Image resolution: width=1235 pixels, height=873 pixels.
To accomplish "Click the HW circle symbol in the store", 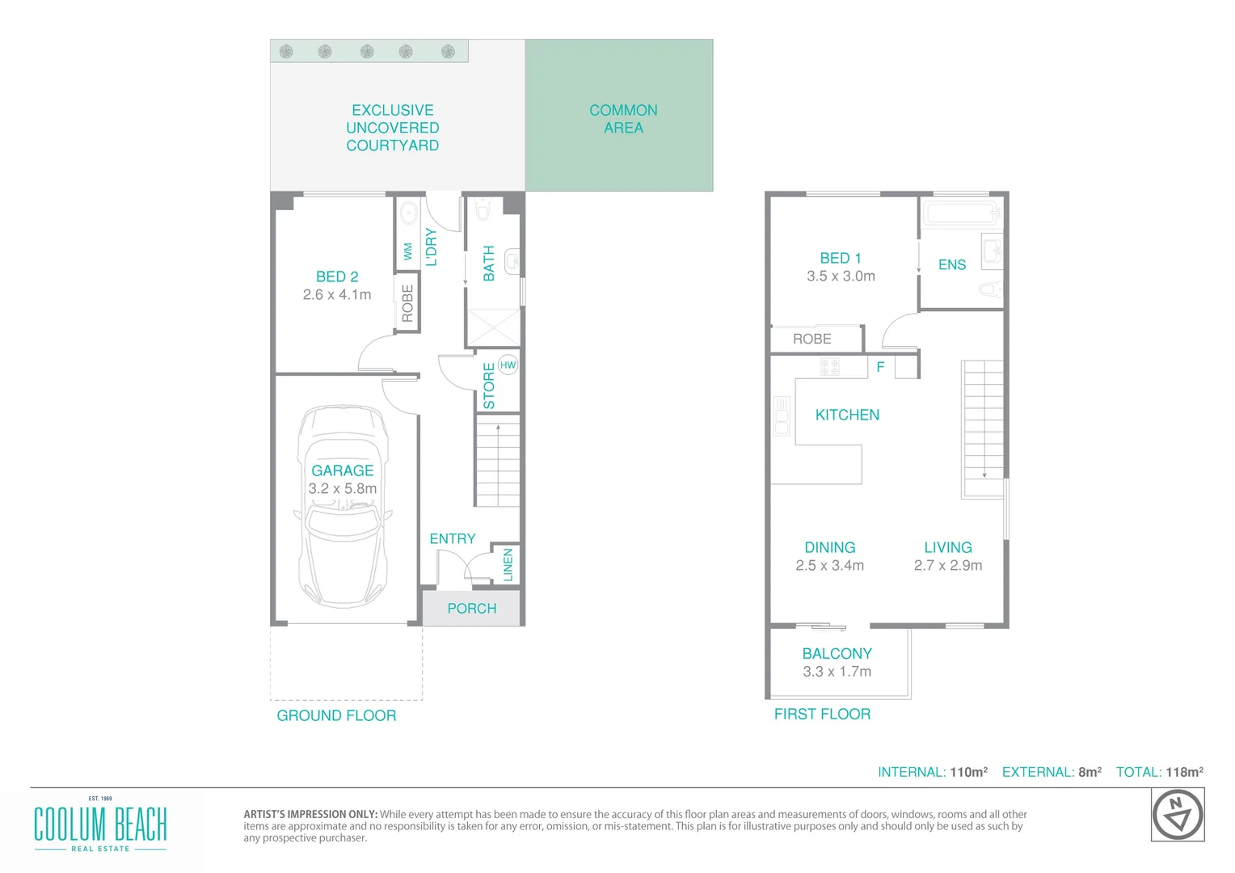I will pos(508,365).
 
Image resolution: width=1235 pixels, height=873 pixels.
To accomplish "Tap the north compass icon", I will pos(1178,816).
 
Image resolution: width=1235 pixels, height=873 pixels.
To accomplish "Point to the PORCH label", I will pos(472,609).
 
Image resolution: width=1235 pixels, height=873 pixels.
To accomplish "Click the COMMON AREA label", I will pos(623,119).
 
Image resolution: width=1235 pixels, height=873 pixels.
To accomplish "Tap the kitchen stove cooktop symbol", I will pos(830,368).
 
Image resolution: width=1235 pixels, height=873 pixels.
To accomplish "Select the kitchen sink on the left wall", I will pos(782,416).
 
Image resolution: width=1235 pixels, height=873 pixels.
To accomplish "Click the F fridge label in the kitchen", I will pos(880,367).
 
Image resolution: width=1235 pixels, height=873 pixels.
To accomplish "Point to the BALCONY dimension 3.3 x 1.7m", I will pos(837,672).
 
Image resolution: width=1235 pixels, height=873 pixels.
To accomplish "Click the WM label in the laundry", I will pos(407,251).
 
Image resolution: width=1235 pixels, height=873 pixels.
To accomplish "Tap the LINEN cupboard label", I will pos(508,564).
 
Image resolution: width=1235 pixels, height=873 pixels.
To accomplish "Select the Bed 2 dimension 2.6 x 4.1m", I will pos(337,295).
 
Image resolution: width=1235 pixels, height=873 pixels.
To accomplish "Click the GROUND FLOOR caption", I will pos(336,715).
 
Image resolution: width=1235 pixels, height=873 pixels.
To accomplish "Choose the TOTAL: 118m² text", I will pos(1159,772).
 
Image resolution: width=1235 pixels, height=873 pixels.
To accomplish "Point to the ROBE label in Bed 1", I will pos(811,339).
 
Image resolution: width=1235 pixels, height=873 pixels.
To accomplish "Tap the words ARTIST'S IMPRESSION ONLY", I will pos(310,814).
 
